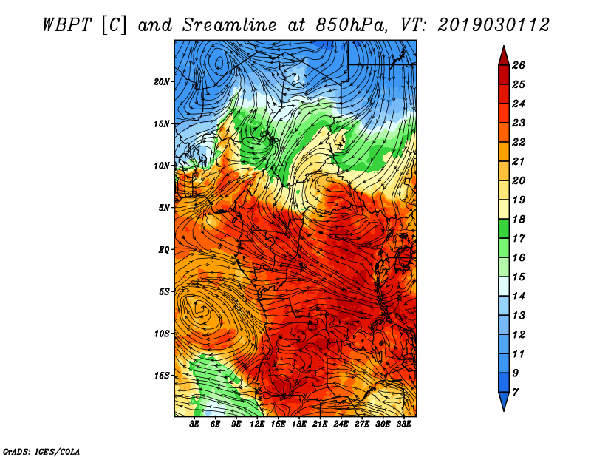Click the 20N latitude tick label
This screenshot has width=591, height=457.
(162, 82)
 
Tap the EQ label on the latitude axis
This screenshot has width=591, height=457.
(164, 250)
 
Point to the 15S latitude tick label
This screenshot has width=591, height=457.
(162, 376)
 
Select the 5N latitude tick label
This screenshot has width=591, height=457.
(164, 208)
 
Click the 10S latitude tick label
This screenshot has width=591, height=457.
(162, 334)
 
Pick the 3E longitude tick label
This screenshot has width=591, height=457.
(194, 424)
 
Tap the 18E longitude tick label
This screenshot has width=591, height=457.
(299, 424)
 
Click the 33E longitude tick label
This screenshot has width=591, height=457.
(403, 424)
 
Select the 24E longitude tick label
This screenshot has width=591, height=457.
(341, 424)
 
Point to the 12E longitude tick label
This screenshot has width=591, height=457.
(257, 424)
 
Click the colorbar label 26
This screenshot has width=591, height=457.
(519, 65)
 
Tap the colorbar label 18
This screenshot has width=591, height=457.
(519, 219)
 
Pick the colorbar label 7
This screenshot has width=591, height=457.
(515, 393)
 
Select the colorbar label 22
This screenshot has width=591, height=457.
(519, 142)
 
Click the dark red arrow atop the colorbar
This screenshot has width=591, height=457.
(504, 57)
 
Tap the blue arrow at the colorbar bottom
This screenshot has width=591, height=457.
(504, 401)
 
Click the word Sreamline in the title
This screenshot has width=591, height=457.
(230, 25)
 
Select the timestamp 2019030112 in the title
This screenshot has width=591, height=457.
(493, 25)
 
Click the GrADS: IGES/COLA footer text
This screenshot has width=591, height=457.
(41, 452)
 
